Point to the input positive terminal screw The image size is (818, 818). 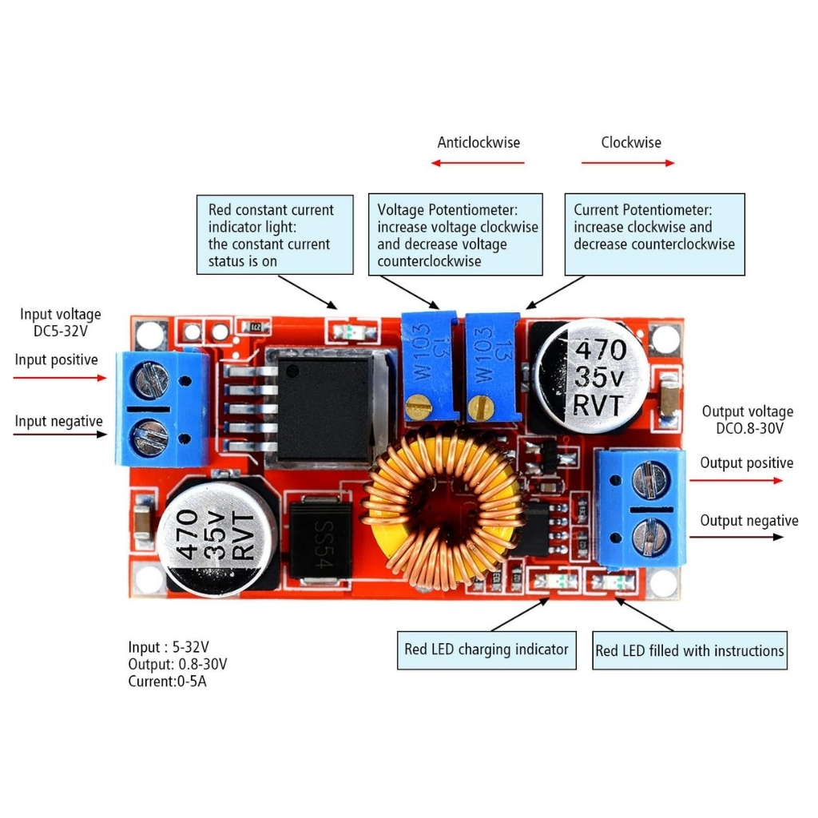[151, 379]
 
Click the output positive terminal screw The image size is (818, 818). [649, 480]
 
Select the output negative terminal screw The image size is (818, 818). [649, 536]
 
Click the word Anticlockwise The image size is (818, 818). [478, 143]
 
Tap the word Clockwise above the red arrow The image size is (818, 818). [631, 143]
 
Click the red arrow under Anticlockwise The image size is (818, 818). [478, 163]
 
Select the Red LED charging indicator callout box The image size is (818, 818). [486, 649]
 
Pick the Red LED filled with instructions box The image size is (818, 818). [689, 650]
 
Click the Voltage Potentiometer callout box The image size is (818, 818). [455, 235]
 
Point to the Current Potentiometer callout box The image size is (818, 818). [654, 235]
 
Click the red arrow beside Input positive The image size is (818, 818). [60, 377]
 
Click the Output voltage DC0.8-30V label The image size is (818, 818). [748, 420]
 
